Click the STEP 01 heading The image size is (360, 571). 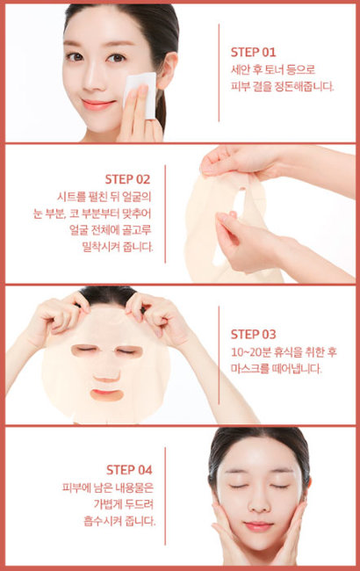point(254,52)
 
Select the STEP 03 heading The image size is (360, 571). point(254,334)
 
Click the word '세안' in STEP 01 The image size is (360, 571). point(241,69)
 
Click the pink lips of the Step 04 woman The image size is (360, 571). point(260,525)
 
